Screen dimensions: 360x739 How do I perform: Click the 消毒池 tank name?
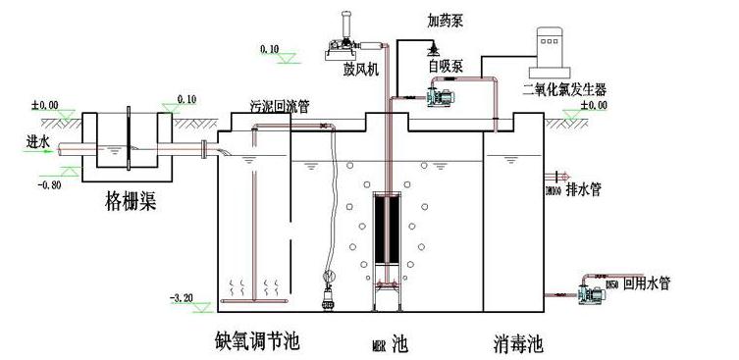click(x=516, y=343)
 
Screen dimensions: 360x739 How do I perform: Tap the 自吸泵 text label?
click(x=445, y=67)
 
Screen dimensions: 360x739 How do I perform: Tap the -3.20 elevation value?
click(x=183, y=296)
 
